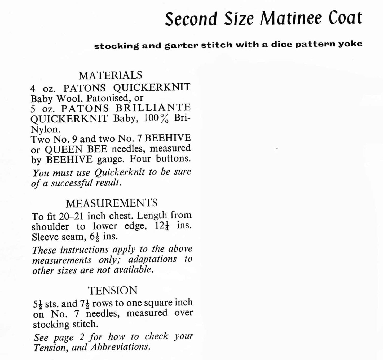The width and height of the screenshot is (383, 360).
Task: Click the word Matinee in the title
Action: [291, 19]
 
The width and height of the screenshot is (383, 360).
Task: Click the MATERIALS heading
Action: [110, 75]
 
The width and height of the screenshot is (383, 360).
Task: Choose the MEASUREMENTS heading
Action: [111, 203]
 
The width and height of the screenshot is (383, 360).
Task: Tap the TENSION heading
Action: [113, 290]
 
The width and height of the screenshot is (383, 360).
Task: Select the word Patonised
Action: [107, 98]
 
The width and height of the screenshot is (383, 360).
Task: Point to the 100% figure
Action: [156, 118]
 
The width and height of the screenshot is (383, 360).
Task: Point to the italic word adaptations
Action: [152, 259]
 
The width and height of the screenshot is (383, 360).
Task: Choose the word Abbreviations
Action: [120, 347]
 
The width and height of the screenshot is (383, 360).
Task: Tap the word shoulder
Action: [50, 227]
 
